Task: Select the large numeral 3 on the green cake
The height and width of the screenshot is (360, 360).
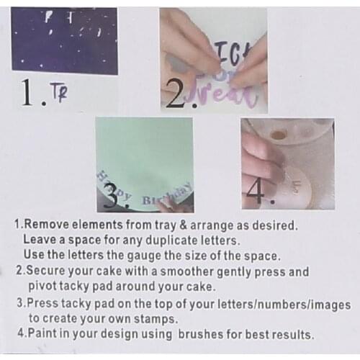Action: click(110, 195)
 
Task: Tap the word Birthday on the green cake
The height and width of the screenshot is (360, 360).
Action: click(167, 194)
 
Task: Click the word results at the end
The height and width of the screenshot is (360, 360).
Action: click(293, 334)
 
